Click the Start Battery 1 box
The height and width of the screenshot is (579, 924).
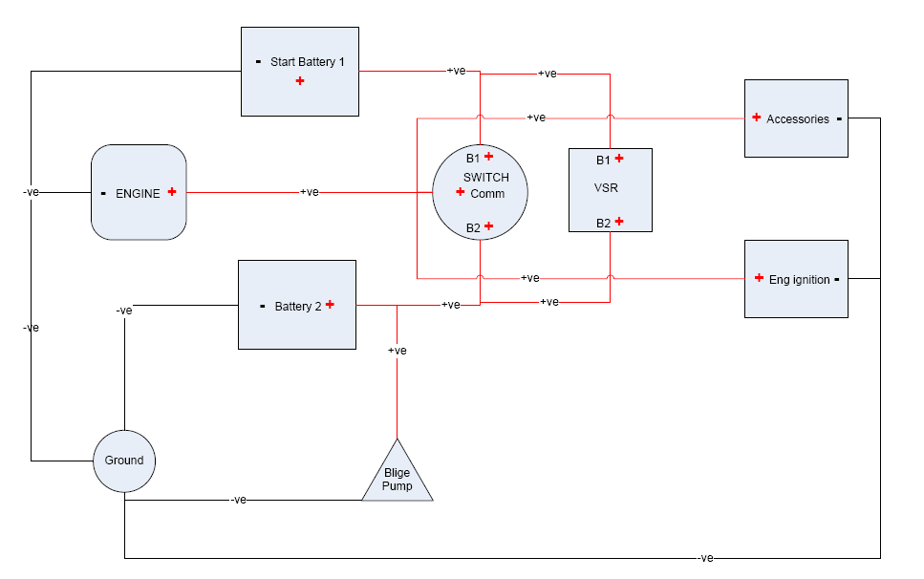(300, 72)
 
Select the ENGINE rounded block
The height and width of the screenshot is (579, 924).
(139, 192)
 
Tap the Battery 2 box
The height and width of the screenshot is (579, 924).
(296, 305)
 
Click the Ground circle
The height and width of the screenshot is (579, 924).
(124, 461)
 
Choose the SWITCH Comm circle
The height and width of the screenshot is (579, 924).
(480, 193)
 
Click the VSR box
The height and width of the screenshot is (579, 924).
(611, 189)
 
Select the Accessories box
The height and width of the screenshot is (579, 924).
(796, 118)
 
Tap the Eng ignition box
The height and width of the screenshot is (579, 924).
(796, 279)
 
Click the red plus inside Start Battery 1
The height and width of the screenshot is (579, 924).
(300, 81)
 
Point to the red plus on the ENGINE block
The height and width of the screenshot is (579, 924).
(172, 191)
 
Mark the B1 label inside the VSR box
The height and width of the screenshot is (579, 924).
(603, 160)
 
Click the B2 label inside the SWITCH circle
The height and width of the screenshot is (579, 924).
(473, 227)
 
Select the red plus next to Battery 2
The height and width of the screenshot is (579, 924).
(330, 304)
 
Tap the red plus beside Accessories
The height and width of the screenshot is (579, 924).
(756, 118)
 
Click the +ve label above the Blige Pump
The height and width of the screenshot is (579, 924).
(398, 351)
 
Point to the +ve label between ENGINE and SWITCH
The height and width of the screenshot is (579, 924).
(310, 192)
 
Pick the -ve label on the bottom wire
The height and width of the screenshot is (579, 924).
(706, 558)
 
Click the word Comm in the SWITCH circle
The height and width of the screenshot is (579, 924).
(487, 194)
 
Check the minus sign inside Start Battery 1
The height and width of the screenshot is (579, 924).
(259, 62)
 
